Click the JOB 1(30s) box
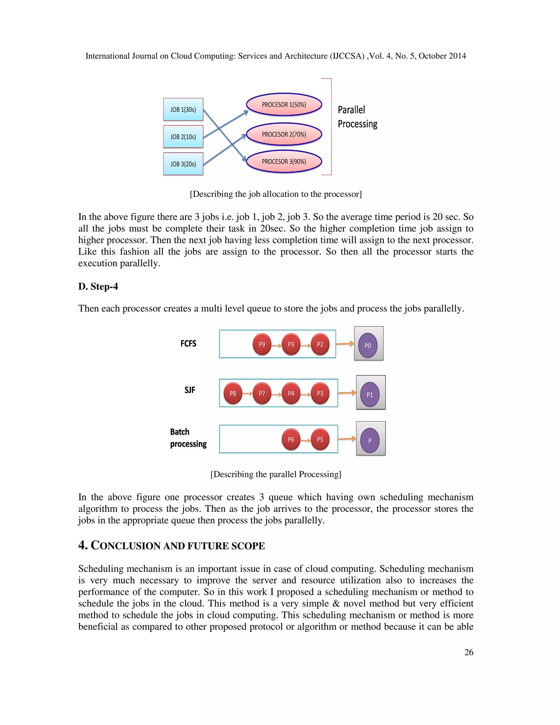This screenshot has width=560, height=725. tap(183, 109)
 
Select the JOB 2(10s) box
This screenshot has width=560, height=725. tap(183, 137)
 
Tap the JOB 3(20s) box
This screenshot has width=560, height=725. tap(183, 164)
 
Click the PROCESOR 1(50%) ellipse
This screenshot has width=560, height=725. tap(284, 105)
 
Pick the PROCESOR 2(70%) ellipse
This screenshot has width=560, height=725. tap(284, 134)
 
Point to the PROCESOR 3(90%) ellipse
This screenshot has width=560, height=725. tap(284, 162)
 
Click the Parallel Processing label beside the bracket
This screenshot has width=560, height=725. tap(357, 117)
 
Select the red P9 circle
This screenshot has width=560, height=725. tap(262, 344)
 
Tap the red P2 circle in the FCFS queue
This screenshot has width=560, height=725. tap(320, 344)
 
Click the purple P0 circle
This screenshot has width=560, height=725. tap(367, 346)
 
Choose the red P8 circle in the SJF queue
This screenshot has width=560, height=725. tap(233, 393)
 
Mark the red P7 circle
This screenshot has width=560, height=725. tap(262, 393)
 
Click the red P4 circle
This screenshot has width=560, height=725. tap(291, 393)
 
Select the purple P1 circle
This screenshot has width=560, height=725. tap(370, 395)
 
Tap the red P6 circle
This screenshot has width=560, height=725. tap(291, 440)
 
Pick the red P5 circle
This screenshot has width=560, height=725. tap(320, 440)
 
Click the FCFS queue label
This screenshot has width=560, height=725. tap(188, 344)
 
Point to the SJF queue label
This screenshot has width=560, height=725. tap(190, 390)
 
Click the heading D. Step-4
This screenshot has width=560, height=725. tap(98, 286)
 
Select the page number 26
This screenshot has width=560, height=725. tap(468, 652)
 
